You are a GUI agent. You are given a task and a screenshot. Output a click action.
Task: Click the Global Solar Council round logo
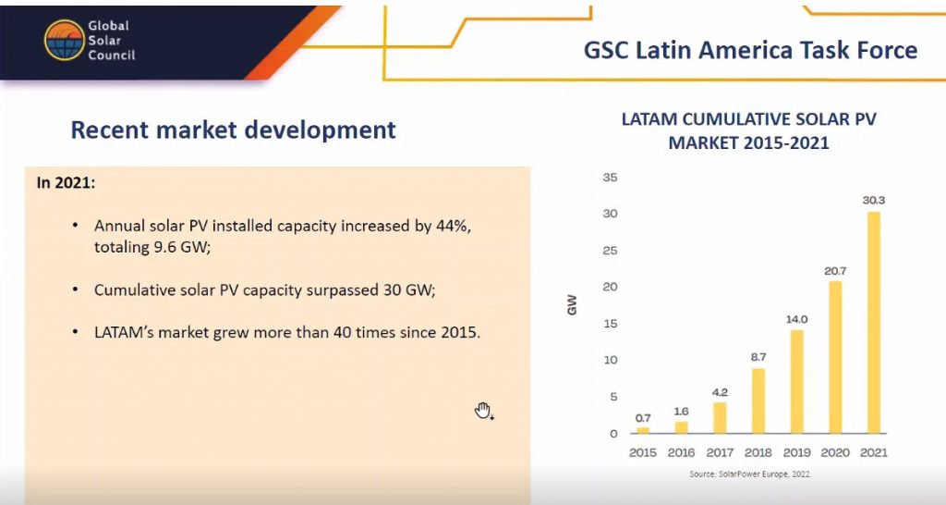(x=64, y=40)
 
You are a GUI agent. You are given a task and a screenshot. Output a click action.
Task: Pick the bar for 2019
(x=796, y=381)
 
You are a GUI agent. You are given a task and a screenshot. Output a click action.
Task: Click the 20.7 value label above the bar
(x=834, y=270)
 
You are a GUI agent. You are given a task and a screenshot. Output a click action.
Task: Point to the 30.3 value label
(x=873, y=200)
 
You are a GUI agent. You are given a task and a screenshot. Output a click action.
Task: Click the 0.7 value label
(x=643, y=418)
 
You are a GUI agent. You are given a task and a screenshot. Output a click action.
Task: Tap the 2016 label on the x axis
(x=681, y=452)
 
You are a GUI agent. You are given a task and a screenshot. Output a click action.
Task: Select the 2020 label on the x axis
(x=834, y=452)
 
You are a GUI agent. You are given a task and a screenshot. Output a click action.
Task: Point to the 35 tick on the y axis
(x=610, y=178)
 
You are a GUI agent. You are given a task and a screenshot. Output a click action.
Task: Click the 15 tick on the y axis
(x=610, y=324)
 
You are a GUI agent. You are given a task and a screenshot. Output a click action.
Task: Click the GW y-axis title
(x=573, y=305)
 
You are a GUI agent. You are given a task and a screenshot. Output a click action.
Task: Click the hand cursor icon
(x=483, y=411)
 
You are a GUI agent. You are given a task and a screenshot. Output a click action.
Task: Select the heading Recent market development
(x=234, y=130)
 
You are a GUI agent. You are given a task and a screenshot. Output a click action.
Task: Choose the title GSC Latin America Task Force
(x=750, y=50)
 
